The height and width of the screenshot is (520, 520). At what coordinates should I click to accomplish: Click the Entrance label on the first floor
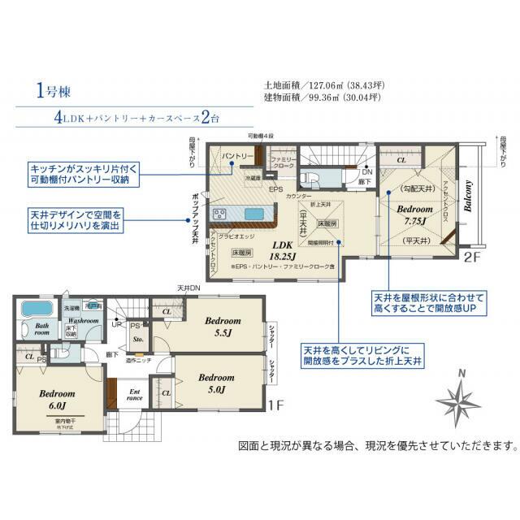136,395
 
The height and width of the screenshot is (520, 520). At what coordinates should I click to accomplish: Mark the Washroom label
83,321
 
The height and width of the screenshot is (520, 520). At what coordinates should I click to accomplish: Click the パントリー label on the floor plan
236,155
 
